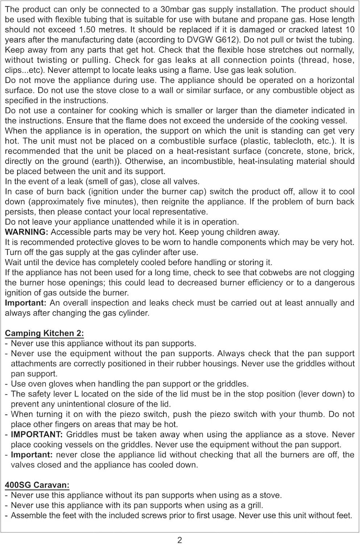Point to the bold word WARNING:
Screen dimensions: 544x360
[x=26, y=232]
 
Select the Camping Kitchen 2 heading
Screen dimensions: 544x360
[x=44, y=333]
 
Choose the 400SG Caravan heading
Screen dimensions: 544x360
[x=37, y=485]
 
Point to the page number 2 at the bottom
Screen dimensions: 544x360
[x=180, y=540]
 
